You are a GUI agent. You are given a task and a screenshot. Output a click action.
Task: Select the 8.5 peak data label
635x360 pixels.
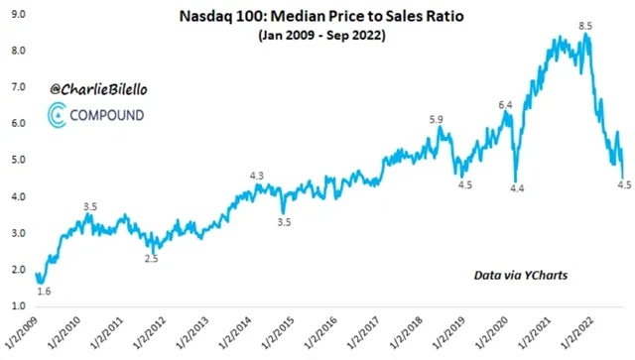pos(586,25)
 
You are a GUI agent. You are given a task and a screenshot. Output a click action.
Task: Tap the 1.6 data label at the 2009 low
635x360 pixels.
pos(44,291)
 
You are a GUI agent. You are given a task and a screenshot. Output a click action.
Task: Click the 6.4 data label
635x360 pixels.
pos(504,104)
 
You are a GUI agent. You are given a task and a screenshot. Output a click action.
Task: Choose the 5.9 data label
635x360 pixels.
pos(436,120)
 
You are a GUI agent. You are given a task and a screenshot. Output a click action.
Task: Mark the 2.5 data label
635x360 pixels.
pos(151,258)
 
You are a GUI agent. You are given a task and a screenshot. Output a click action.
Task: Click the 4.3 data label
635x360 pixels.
pos(257,176)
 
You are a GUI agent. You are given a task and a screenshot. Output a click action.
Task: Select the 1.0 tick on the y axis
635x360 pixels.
pos(17,306)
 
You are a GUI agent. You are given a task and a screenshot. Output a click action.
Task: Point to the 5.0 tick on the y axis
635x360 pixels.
pos(17,160)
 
